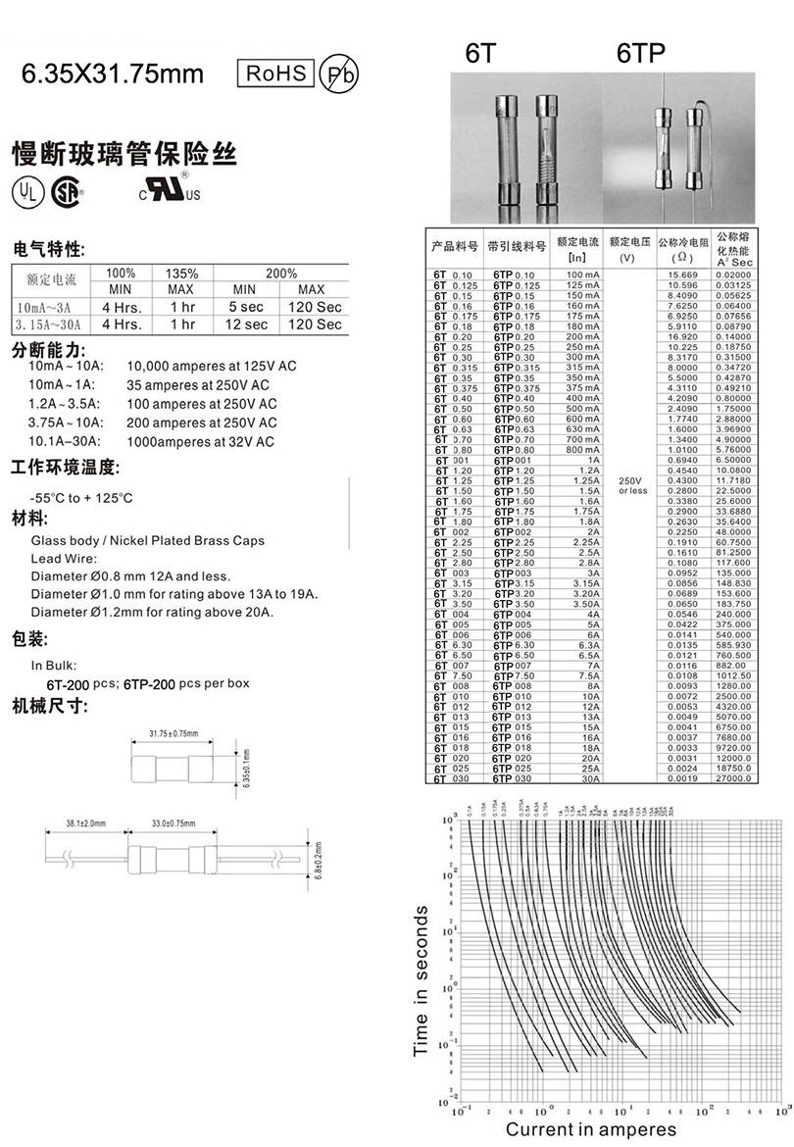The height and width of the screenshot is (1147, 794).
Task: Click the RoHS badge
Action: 275,74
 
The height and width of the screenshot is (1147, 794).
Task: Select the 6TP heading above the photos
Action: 641,55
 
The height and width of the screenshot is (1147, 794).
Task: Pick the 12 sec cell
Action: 247,324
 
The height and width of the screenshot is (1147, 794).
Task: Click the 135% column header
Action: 182,274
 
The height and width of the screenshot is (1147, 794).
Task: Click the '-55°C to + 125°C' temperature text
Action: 82,497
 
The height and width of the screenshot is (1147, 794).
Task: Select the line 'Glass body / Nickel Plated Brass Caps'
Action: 148,540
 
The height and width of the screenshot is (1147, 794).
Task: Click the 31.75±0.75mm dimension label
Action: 174,733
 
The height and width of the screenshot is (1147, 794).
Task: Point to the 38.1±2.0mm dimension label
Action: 86,823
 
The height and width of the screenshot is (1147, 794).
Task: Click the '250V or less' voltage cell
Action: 632,485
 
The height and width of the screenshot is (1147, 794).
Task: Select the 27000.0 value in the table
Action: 733,778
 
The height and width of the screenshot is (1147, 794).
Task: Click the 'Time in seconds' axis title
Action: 422,980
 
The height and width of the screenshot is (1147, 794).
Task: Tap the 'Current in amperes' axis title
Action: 590,1130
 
